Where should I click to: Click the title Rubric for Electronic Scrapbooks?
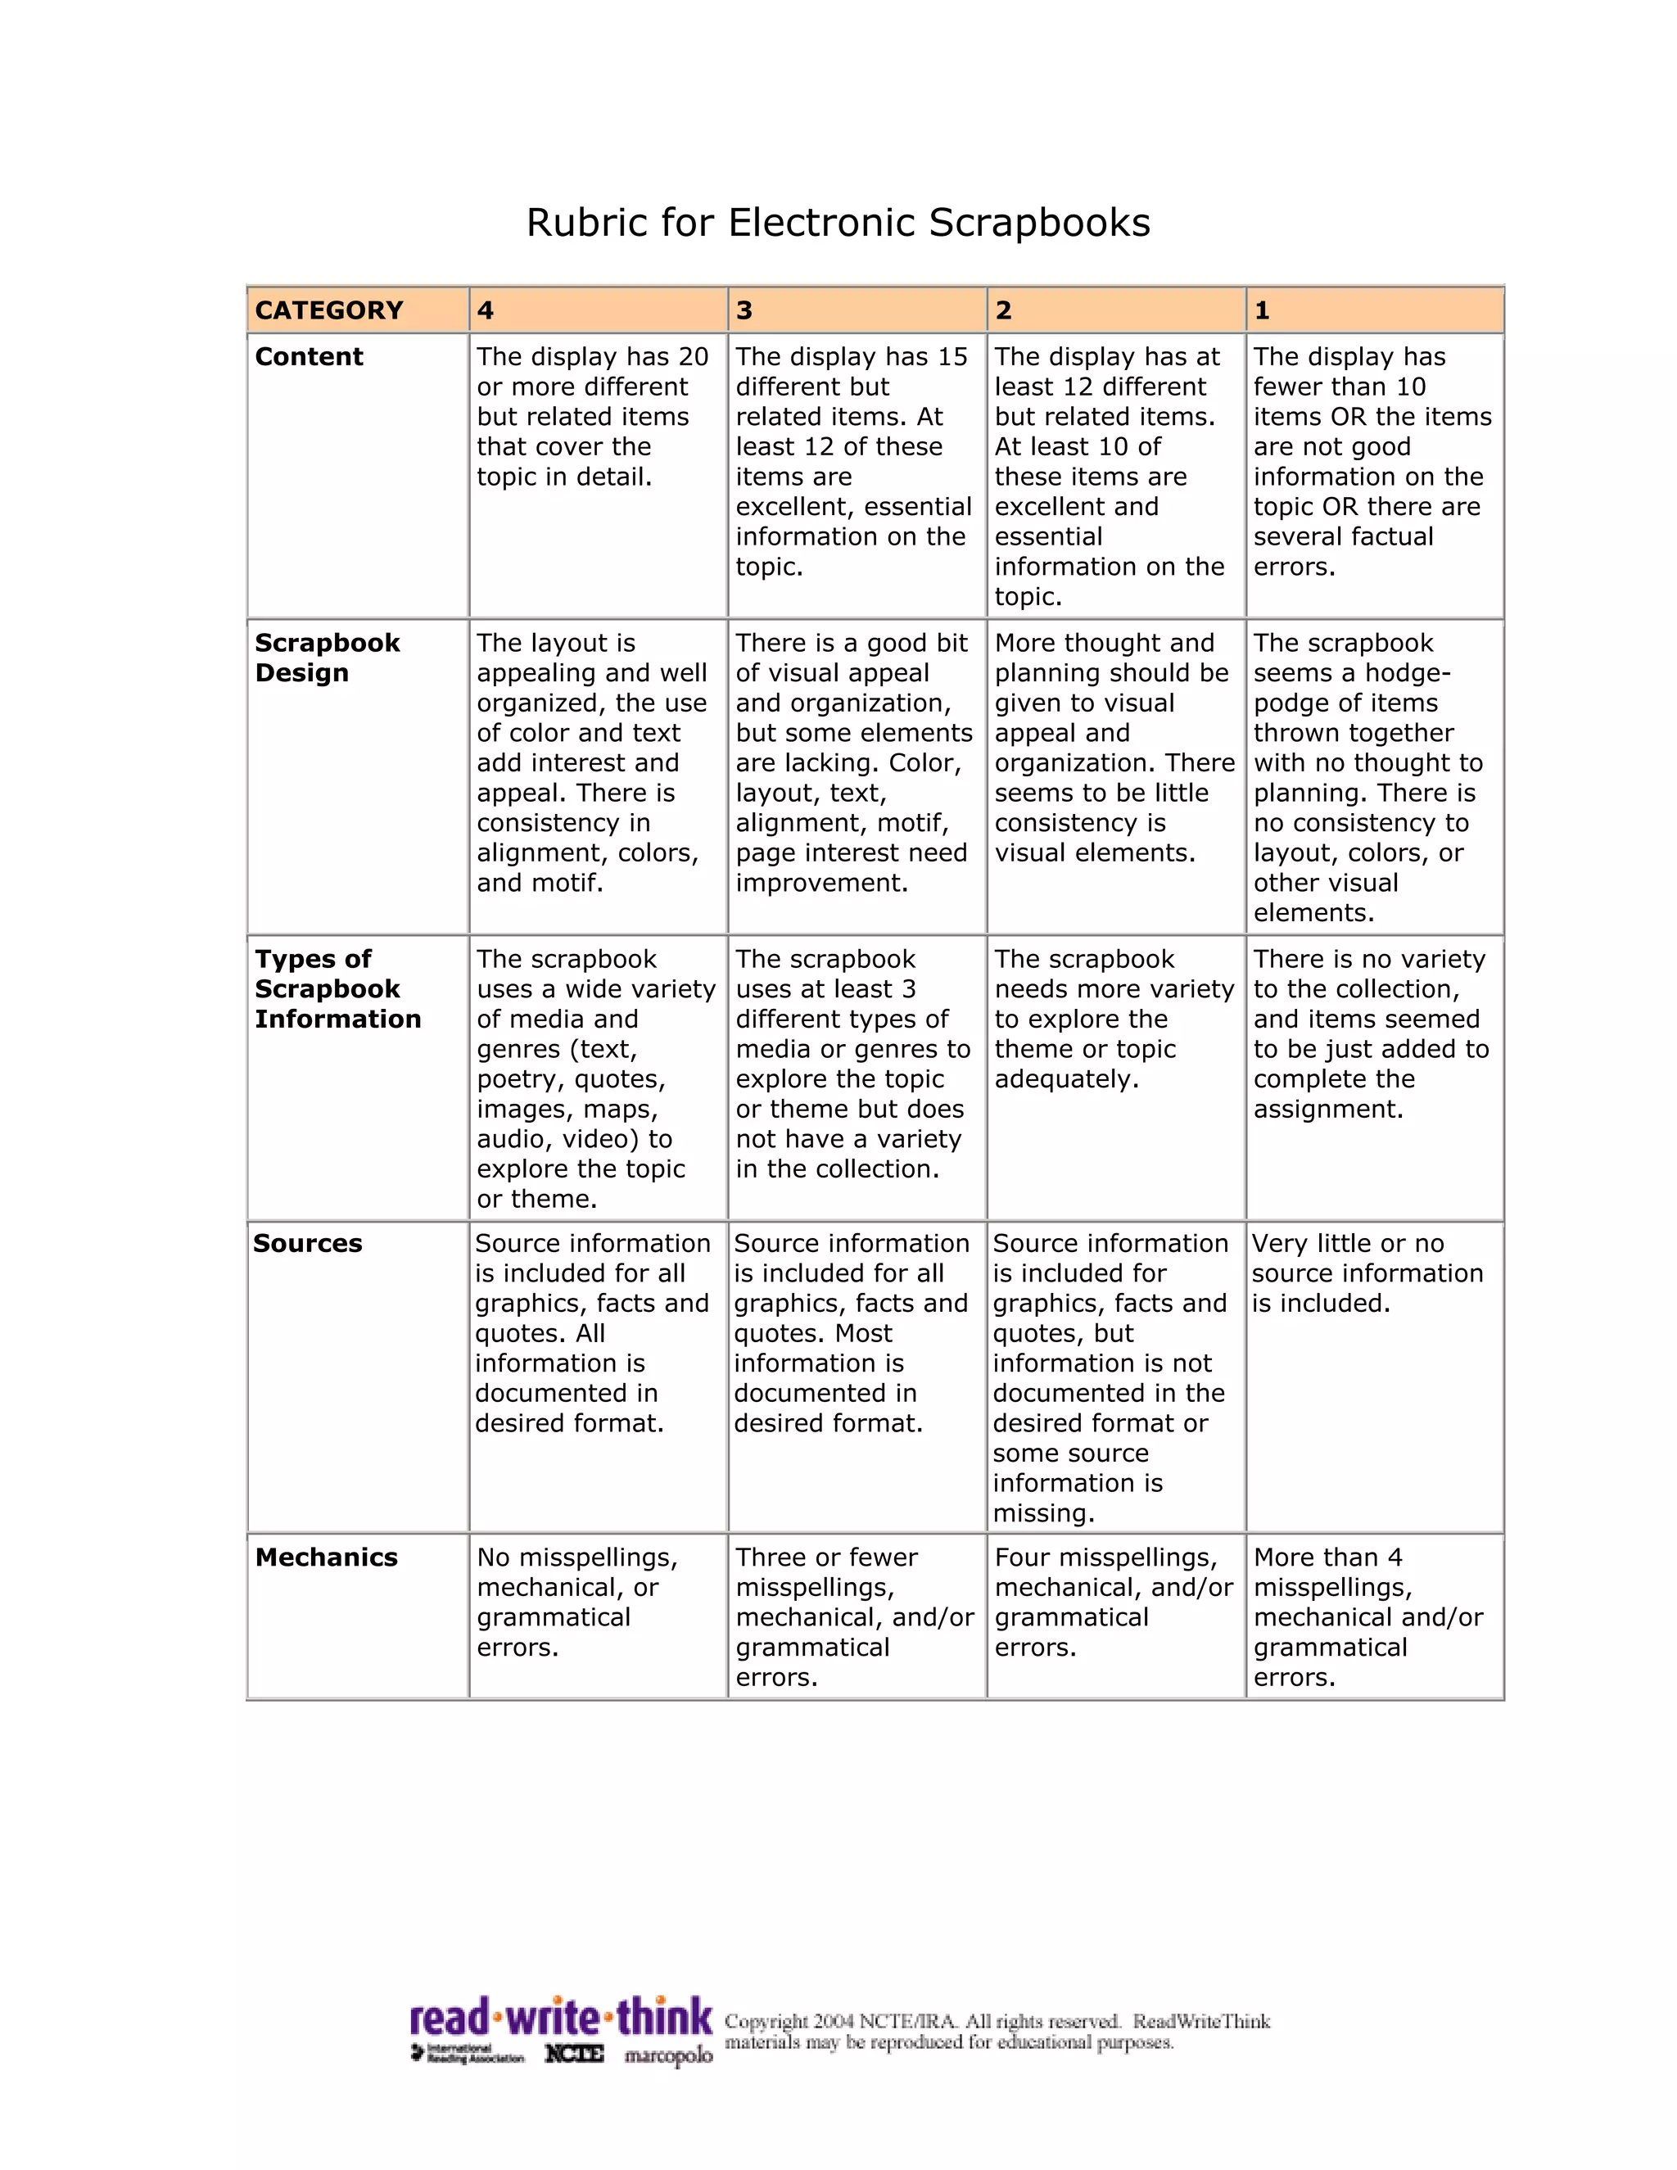(x=838, y=223)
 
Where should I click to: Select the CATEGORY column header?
(x=329, y=311)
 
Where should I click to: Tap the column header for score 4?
(x=485, y=311)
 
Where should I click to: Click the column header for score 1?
(x=1262, y=311)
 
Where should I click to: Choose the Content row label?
(x=309, y=357)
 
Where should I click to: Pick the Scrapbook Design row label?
(x=327, y=658)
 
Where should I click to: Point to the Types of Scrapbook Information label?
(x=338, y=988)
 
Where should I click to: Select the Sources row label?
(x=307, y=1243)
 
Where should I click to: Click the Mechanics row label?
(x=326, y=1557)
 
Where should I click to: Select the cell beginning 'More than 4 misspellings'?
(x=1367, y=1616)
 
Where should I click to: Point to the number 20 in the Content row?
(x=693, y=357)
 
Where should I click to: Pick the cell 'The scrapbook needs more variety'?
(x=1113, y=1019)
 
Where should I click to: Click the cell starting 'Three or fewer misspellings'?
(x=853, y=1616)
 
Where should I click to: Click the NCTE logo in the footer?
(x=573, y=2054)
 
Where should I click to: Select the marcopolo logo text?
(x=667, y=2055)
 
